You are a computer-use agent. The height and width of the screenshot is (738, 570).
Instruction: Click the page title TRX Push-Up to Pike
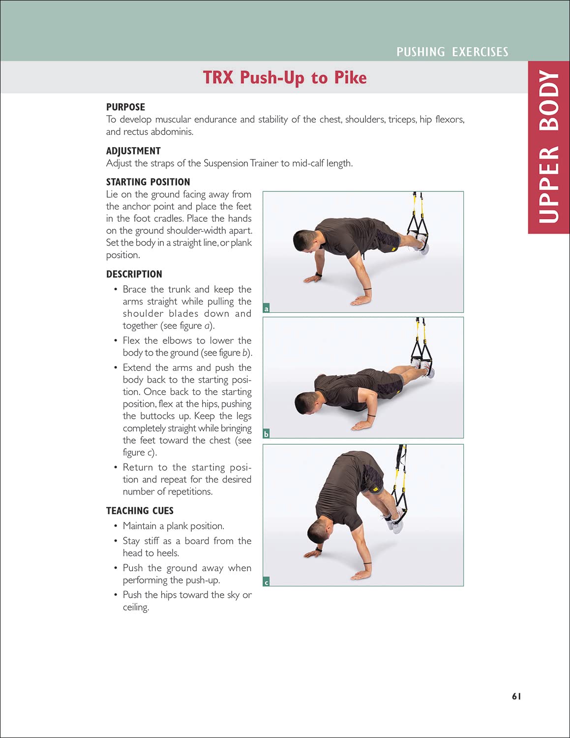[x=285, y=78]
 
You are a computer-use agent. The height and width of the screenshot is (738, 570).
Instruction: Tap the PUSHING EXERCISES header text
[x=452, y=52]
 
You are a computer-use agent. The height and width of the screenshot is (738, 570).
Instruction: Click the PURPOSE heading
[x=125, y=107]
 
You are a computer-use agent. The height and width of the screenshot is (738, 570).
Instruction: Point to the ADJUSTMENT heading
[x=133, y=151]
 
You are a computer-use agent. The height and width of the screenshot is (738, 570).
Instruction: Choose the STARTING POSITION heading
[x=148, y=182]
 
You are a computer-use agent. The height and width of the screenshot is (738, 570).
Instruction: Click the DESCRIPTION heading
[x=134, y=274]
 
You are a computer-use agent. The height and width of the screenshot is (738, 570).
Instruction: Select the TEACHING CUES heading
[x=140, y=511]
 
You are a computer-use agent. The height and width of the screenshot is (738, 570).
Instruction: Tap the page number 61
[x=516, y=696]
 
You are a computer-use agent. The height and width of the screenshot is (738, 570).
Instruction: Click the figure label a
[x=267, y=308]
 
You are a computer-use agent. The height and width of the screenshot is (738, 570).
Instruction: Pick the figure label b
[x=267, y=434]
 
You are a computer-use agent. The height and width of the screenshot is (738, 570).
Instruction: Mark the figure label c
[x=267, y=582]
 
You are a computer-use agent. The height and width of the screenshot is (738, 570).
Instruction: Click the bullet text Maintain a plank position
[x=173, y=526]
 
